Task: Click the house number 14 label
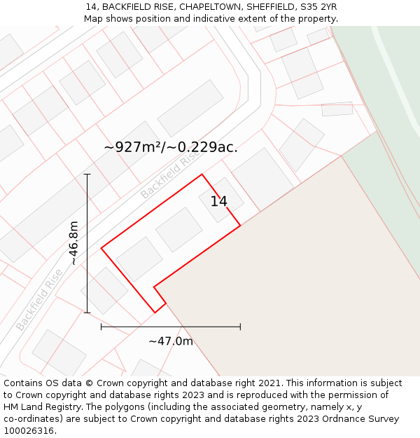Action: coord(218,202)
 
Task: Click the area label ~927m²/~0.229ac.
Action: coord(171,147)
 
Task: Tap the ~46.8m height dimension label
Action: coord(73,242)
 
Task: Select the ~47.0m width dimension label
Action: coord(170,341)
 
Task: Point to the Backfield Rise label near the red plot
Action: coord(168,176)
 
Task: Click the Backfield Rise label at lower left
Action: coord(39,299)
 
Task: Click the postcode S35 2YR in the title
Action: coord(318,6)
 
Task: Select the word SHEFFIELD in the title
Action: coord(269,6)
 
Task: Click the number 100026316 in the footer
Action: coord(28,431)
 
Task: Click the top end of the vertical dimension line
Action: coord(87,174)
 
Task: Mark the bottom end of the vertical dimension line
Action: coord(87,313)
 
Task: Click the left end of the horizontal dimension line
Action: coord(101,327)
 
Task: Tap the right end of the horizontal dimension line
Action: coord(240,327)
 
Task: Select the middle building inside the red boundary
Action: coord(178,229)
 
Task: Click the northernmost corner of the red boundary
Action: coord(202,174)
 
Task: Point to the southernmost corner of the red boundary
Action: coord(155,313)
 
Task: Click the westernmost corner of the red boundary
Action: coord(101,247)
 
